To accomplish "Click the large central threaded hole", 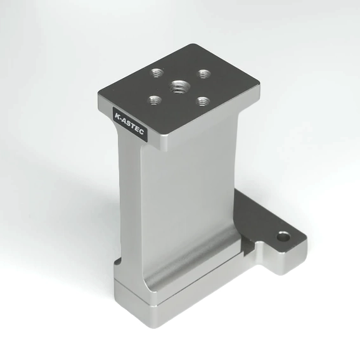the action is pyautogui.click(x=179, y=87).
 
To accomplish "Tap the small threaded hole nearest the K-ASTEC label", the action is pyautogui.click(x=155, y=101).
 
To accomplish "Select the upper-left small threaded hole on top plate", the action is pyautogui.click(x=157, y=73).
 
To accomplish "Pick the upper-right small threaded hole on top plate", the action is pyautogui.click(x=204, y=74).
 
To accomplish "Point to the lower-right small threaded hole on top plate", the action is pyautogui.click(x=203, y=101).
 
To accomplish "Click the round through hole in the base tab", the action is pyautogui.click(x=283, y=236).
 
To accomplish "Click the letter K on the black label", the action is pyautogui.click(x=117, y=115).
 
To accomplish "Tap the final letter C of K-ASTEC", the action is pyautogui.click(x=141, y=131).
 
